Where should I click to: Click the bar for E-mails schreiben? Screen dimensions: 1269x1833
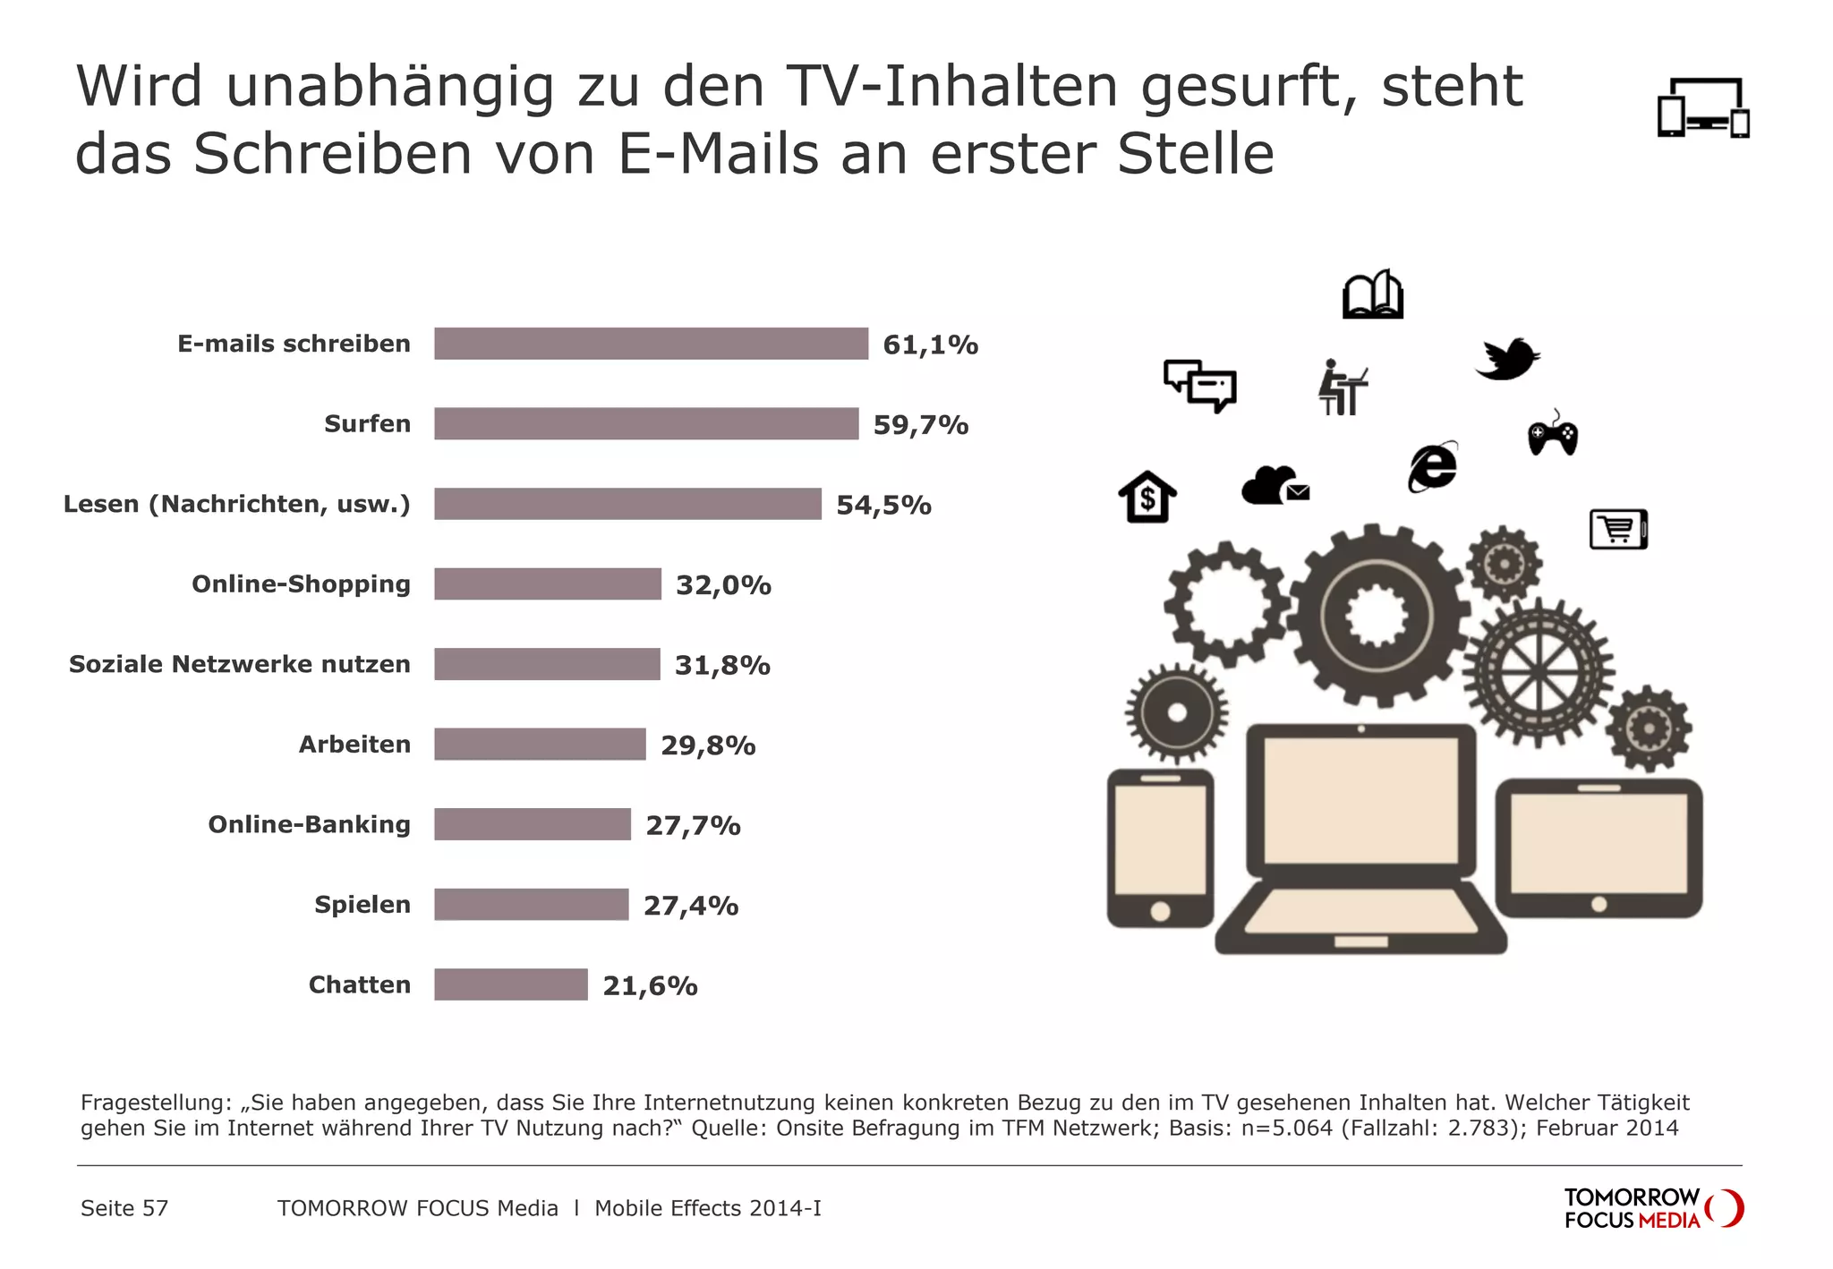[651, 344]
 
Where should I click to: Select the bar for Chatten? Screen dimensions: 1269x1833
[511, 984]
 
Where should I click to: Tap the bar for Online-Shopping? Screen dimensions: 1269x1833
[548, 584]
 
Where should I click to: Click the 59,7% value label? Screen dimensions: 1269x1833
[921, 425]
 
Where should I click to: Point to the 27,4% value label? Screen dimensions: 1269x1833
[691, 906]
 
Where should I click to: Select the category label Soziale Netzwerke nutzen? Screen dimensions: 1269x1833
[240, 664]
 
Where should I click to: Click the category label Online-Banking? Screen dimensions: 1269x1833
[309, 824]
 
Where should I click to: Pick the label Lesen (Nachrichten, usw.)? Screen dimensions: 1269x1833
[237, 504]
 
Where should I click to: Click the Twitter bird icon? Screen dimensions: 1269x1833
[1507, 359]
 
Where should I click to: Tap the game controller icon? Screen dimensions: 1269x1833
[1552, 435]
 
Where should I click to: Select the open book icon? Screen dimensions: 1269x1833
[1372, 294]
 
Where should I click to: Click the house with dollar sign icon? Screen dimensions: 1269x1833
[1147, 497]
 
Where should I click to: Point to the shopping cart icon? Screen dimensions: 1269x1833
[1618, 529]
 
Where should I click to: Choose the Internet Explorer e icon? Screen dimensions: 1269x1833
[1433, 467]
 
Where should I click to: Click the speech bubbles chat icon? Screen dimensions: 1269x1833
[1200, 386]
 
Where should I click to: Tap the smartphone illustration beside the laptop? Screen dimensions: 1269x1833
[1160, 847]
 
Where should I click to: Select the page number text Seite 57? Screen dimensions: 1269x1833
[124, 1208]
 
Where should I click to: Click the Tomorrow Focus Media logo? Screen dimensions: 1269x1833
[1652, 1208]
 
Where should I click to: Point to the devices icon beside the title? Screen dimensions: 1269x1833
[1703, 108]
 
